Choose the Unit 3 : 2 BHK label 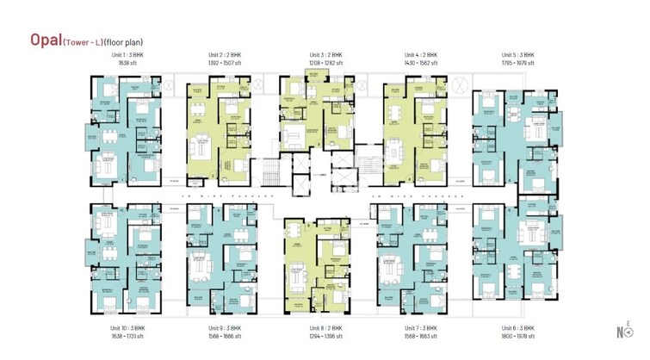coord(326,54)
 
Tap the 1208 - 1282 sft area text coord(326,62)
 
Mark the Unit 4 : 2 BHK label coord(423,54)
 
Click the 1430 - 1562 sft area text coord(423,62)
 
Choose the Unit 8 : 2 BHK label coord(326,328)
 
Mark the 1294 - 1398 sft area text coord(326,336)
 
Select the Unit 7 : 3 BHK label coord(423,328)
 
